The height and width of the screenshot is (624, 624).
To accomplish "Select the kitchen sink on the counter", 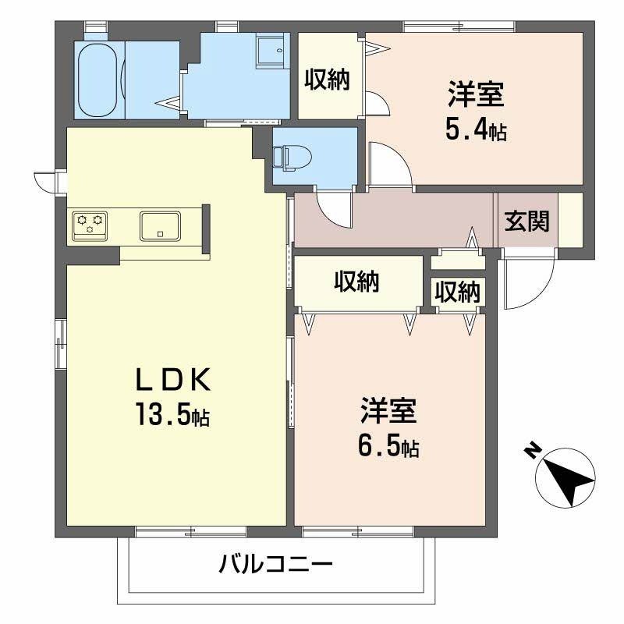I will coord(160,225).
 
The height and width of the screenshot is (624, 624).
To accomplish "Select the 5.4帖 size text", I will coord(475,130).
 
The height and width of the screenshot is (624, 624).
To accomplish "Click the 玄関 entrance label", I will coord(526,222).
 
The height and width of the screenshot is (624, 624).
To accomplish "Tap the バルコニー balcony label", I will coord(276,563).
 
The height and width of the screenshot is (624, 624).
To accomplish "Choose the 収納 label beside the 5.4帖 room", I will coord(327,80).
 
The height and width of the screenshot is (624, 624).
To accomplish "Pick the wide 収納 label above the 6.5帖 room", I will coord(357,282).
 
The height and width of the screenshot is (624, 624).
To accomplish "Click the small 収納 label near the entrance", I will coord(457,292).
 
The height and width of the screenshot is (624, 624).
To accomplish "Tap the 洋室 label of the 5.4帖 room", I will coord(475,94).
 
